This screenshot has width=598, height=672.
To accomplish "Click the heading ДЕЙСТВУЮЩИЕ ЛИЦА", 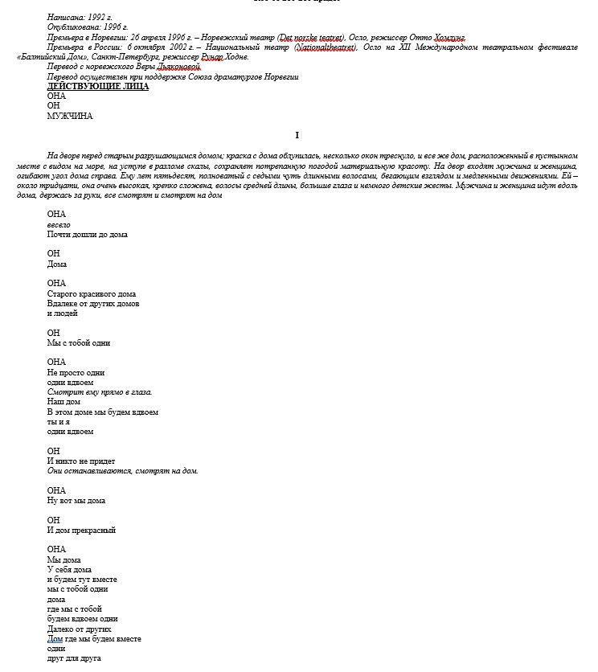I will click(x=97, y=86).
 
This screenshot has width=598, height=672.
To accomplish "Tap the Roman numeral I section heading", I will click(x=297, y=135).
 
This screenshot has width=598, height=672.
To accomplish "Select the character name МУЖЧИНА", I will click(x=70, y=116).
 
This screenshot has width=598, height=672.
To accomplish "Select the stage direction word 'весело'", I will click(x=59, y=224).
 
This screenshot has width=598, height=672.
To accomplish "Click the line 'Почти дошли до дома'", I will click(x=87, y=235).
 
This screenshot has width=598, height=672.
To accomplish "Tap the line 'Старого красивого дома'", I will click(x=91, y=293).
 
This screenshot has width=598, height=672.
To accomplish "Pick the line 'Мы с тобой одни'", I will click(x=79, y=342).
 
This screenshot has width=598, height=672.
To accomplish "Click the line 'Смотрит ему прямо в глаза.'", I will click(x=100, y=392).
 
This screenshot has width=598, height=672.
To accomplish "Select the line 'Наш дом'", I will click(x=63, y=402).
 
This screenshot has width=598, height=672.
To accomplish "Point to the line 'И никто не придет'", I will click(x=81, y=461).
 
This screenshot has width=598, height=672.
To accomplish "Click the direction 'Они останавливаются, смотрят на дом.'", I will click(x=122, y=471).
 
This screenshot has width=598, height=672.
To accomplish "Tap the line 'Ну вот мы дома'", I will click(x=76, y=500).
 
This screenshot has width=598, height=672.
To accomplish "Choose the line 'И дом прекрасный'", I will click(x=81, y=530).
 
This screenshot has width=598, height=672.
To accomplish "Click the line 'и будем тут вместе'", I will click(x=82, y=579).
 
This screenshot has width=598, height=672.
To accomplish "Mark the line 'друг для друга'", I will click(x=74, y=658).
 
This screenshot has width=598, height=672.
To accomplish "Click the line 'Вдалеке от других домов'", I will click(x=93, y=304).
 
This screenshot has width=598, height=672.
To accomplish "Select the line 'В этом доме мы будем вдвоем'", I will click(x=102, y=412).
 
